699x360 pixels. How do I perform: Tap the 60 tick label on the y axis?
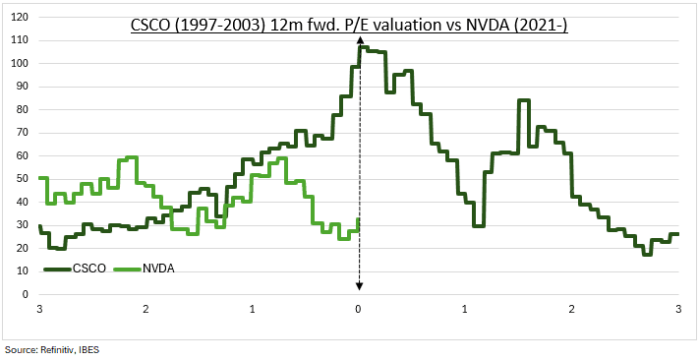[x=20, y=155]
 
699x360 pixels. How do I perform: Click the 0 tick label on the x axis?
[x=359, y=309]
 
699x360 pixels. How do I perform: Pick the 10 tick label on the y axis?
[x=20, y=271]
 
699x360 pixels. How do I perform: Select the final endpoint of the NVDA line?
[x=359, y=219]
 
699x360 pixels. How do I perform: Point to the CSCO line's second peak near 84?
[x=523, y=100]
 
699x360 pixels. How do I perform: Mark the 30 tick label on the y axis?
[x=20, y=225]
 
